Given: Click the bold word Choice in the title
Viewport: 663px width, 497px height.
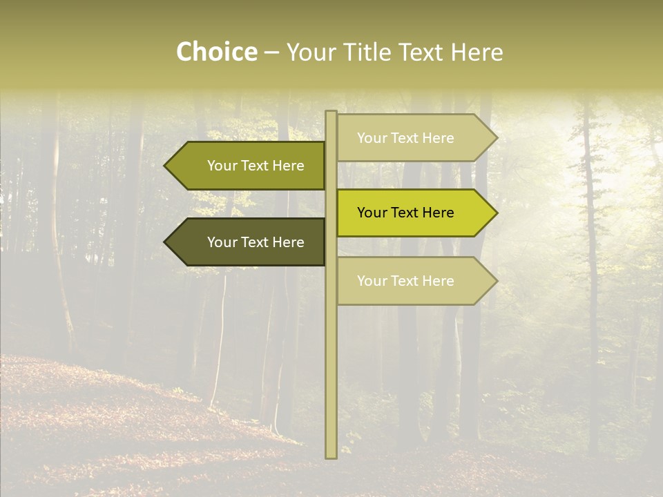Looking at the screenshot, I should [x=217, y=52].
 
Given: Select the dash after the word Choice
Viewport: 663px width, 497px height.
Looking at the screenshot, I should [x=271, y=52].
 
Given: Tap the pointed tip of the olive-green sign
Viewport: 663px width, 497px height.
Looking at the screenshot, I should [x=166, y=166].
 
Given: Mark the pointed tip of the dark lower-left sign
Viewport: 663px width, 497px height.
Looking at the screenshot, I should [x=166, y=242].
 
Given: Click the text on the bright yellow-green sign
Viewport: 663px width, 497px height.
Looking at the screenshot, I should [x=405, y=213].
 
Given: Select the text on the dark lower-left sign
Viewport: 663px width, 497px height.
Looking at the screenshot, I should [x=256, y=242].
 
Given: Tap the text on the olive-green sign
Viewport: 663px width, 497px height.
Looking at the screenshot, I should [x=256, y=166].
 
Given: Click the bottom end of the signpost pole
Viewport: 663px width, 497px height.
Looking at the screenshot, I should [x=331, y=456].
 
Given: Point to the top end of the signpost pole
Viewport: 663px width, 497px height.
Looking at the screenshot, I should [x=331, y=113].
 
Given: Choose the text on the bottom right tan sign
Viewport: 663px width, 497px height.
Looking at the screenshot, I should [x=405, y=281].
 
